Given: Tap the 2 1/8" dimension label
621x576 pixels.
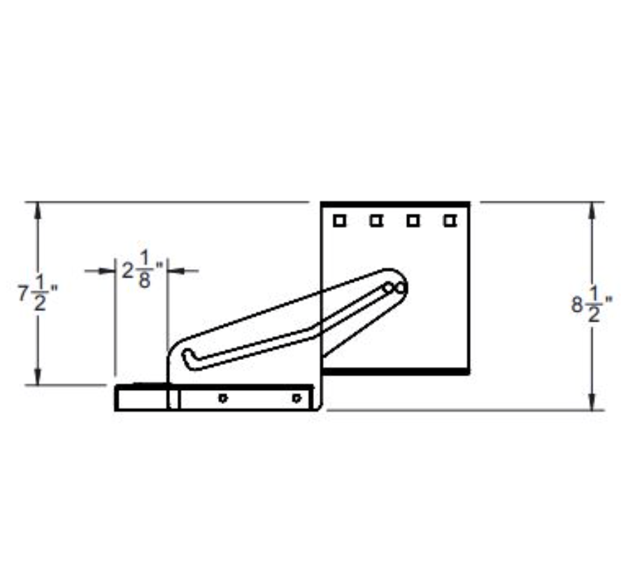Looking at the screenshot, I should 142,270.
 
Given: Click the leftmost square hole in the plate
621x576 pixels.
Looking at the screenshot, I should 339,221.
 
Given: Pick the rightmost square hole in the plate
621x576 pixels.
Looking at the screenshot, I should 450,221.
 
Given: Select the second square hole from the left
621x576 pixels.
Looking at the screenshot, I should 376,221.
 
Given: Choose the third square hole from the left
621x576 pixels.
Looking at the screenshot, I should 413,221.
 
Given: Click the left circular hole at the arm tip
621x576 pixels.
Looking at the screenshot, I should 388,287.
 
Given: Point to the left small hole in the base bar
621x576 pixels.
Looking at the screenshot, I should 222,398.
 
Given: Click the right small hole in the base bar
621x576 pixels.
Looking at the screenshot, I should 297,398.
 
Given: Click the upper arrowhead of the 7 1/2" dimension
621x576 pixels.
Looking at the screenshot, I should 38,210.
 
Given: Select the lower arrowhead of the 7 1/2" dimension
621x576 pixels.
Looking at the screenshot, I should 38,377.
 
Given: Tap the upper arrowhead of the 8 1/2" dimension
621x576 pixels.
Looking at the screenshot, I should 592,210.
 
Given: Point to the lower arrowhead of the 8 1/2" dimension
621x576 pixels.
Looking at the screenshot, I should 592,403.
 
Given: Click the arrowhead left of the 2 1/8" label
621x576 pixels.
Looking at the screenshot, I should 108,271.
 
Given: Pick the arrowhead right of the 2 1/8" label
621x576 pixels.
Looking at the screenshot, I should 175,271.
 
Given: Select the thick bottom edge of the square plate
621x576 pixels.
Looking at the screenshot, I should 396,370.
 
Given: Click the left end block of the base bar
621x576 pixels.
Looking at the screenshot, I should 141,398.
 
